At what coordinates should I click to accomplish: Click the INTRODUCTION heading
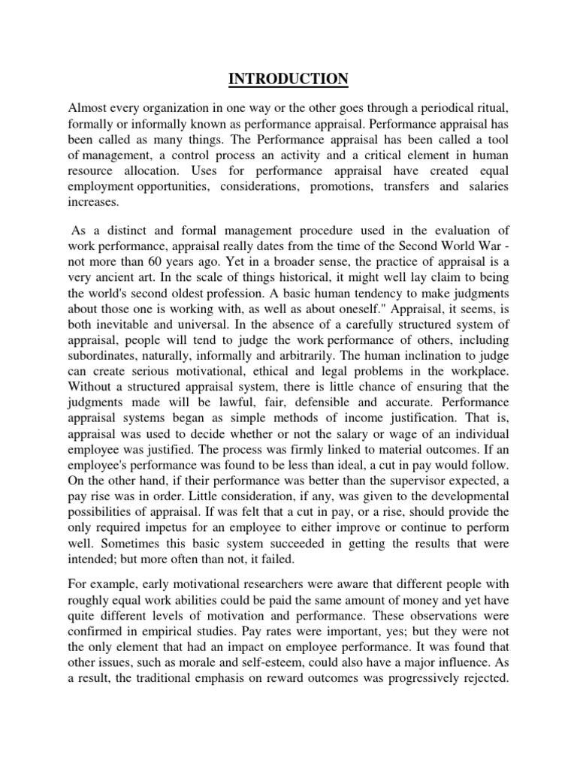point(288,79)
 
